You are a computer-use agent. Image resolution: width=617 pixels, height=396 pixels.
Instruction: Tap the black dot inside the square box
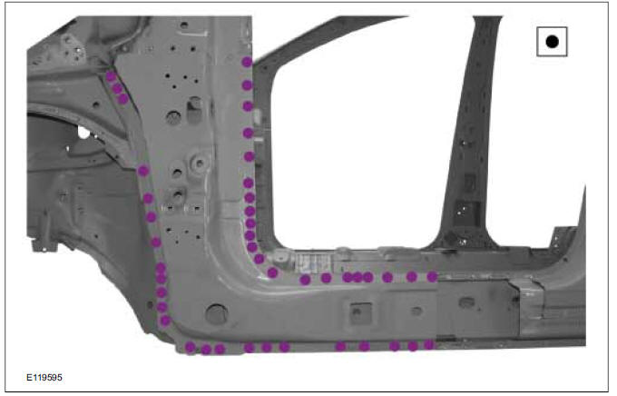click(x=552, y=41)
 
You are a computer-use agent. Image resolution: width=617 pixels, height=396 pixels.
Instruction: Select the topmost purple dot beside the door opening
click(x=247, y=62)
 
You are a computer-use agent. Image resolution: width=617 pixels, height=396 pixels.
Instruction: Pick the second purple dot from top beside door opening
click(x=246, y=85)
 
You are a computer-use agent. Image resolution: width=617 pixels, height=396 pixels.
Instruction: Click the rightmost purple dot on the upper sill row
click(x=432, y=276)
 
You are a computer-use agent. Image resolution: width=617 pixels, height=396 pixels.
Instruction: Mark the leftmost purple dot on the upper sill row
click(x=305, y=280)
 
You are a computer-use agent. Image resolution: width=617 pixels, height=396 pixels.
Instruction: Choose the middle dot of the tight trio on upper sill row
click(x=357, y=277)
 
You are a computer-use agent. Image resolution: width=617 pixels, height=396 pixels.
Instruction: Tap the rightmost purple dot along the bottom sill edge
click(x=428, y=345)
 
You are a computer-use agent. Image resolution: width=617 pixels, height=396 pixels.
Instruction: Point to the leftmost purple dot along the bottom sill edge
click(x=191, y=347)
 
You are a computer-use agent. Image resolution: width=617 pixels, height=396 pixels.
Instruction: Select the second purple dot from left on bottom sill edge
click(x=206, y=349)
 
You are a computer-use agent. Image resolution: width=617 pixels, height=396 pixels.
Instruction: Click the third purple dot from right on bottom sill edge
click(x=395, y=346)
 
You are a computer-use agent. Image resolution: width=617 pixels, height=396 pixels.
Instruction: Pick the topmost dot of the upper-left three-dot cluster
click(x=111, y=77)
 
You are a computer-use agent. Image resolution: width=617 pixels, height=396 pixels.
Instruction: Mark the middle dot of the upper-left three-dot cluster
click(x=117, y=88)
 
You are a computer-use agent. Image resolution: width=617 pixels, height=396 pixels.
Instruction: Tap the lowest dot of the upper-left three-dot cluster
click(x=123, y=99)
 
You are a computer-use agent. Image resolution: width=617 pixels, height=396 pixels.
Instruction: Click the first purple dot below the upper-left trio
click(x=142, y=170)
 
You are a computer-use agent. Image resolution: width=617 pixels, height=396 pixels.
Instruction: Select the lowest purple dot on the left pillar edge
click(x=165, y=320)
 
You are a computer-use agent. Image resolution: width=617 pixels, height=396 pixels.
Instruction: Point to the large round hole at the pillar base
click(x=215, y=314)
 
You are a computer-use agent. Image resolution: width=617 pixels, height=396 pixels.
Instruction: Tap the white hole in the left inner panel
click(x=83, y=133)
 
